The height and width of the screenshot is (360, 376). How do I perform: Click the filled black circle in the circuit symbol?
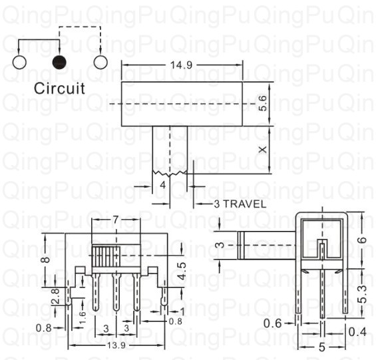pos(59,63)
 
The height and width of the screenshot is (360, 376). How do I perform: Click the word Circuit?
pos(59,89)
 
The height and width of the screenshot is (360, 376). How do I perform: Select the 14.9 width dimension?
pos(181,65)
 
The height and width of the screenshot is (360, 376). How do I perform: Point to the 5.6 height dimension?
pos(263,103)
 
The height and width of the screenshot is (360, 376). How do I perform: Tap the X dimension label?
pos(263,150)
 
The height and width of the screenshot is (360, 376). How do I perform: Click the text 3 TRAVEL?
pos(240,204)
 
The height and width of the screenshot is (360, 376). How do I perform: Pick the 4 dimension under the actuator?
pos(163,185)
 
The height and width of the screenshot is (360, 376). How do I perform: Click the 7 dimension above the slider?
pos(116,220)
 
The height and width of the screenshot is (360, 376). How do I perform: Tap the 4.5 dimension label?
pos(182,271)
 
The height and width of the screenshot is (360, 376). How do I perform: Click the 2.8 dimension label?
pos(55,296)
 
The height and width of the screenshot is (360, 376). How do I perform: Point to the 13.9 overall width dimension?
pos(116,345)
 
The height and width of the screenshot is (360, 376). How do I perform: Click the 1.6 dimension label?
pos(83,317)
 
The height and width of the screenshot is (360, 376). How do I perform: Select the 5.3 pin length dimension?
pos(363,294)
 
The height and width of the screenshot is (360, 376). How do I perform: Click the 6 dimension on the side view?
pos(363,240)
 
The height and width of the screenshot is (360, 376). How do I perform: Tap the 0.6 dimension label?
pos(272,323)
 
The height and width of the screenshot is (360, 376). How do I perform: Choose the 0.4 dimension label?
pos(357,332)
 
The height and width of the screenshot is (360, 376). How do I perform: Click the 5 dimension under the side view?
pos(322,347)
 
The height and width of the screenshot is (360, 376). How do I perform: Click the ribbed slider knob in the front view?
pos(106,256)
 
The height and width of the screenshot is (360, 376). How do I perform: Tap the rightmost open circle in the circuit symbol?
pos(100,63)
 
